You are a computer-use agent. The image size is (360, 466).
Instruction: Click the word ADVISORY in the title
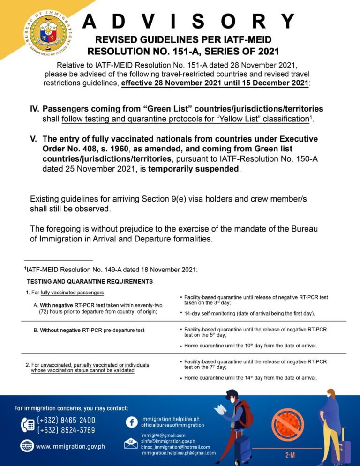point(188,21)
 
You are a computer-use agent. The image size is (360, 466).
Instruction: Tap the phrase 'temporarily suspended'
point(194,169)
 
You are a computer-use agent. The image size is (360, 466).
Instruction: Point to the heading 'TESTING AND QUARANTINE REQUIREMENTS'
point(90,282)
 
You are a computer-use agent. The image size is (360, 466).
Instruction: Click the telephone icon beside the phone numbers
point(27,425)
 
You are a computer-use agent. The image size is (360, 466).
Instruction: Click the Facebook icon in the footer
point(131,421)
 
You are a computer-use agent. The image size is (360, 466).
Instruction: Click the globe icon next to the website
point(27,446)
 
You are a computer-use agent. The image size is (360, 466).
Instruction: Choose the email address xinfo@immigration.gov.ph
point(168,441)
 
